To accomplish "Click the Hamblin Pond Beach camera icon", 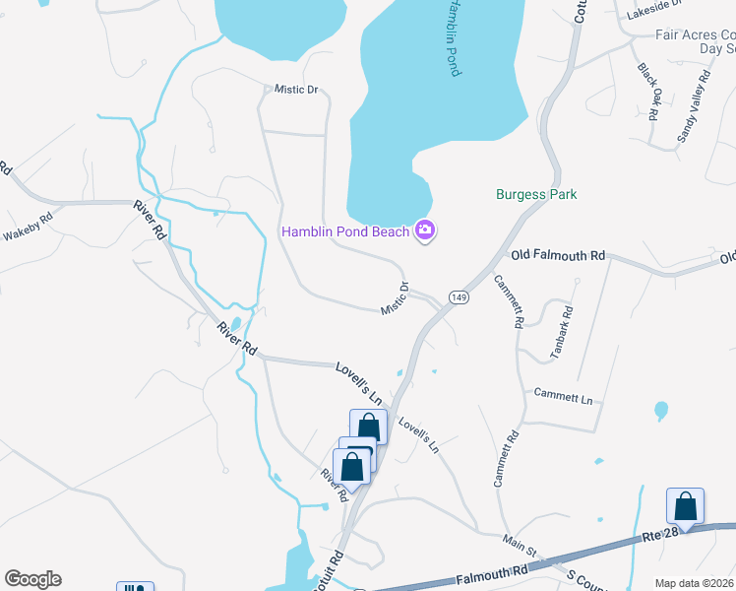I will tap(425, 231).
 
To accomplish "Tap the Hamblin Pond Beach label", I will tap(345, 232).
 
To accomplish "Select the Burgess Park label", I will tap(535, 195).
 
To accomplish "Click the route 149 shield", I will tap(458, 296).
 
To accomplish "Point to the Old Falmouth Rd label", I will tap(558, 255).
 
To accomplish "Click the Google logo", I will tap(32, 579).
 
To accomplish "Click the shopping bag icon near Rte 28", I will tap(685, 506).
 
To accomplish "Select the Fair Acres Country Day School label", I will tap(696, 40).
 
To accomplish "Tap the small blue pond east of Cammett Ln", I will tap(660, 410).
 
